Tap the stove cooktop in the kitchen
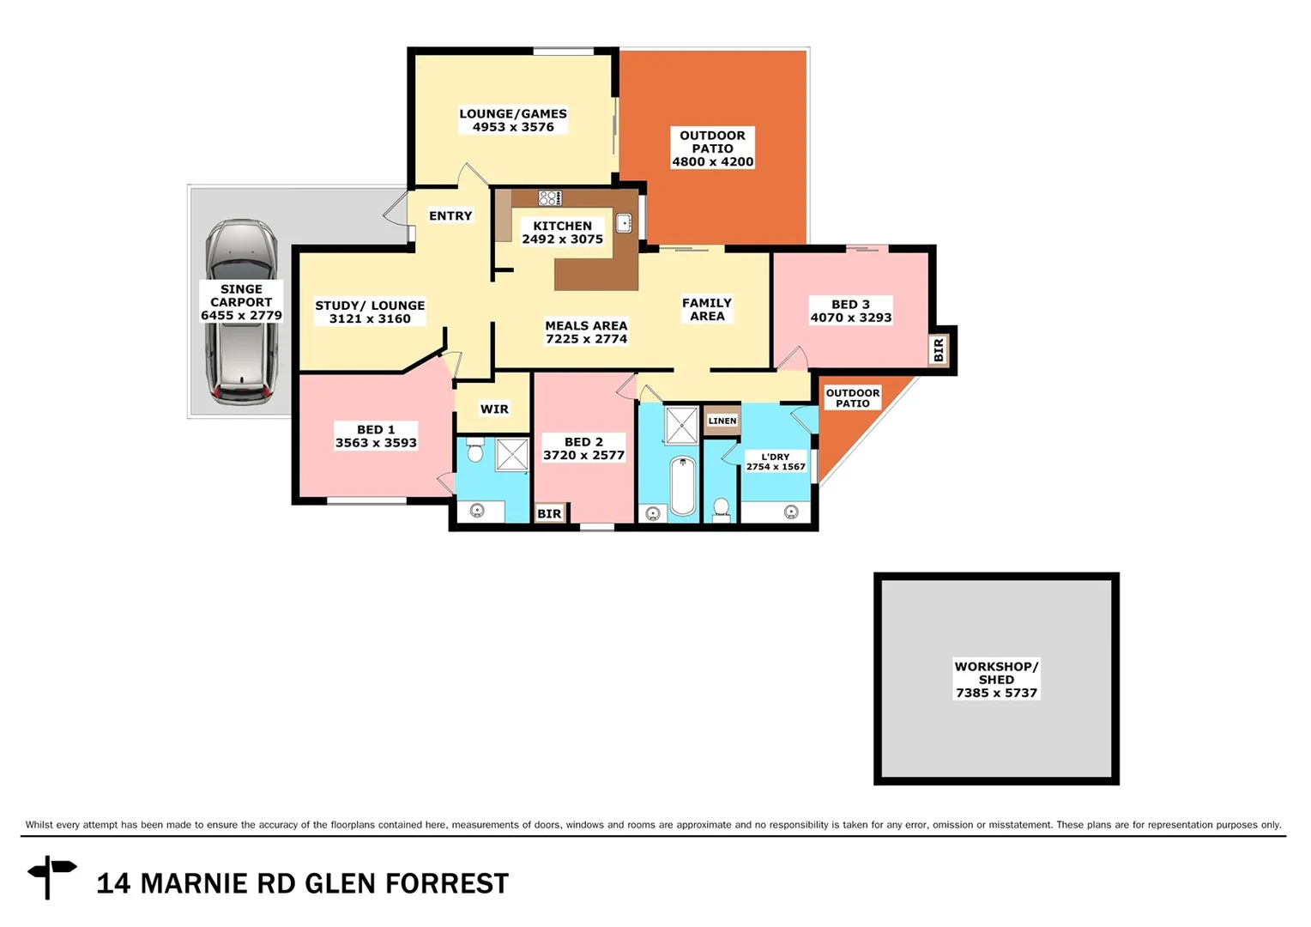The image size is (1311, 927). [x=549, y=198]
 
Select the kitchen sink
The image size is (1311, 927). [x=624, y=223]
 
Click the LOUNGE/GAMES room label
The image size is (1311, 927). [x=513, y=113]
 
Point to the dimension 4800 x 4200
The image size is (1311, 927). [x=712, y=161]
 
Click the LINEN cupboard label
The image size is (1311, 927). [x=722, y=421]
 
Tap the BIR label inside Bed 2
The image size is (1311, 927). [x=549, y=513]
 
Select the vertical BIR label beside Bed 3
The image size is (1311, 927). [x=939, y=349]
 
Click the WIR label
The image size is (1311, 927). [x=494, y=409]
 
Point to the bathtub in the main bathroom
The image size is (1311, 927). [x=683, y=485]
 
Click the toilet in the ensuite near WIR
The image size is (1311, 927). [x=475, y=450]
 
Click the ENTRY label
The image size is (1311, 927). [x=450, y=216]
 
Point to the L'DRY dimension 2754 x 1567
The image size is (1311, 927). [x=776, y=467]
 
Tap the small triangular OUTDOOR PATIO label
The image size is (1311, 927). [x=852, y=398]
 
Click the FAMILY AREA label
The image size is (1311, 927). [x=707, y=309]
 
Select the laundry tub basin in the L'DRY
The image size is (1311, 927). [x=791, y=512]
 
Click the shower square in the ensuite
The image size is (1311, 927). [x=512, y=454]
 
